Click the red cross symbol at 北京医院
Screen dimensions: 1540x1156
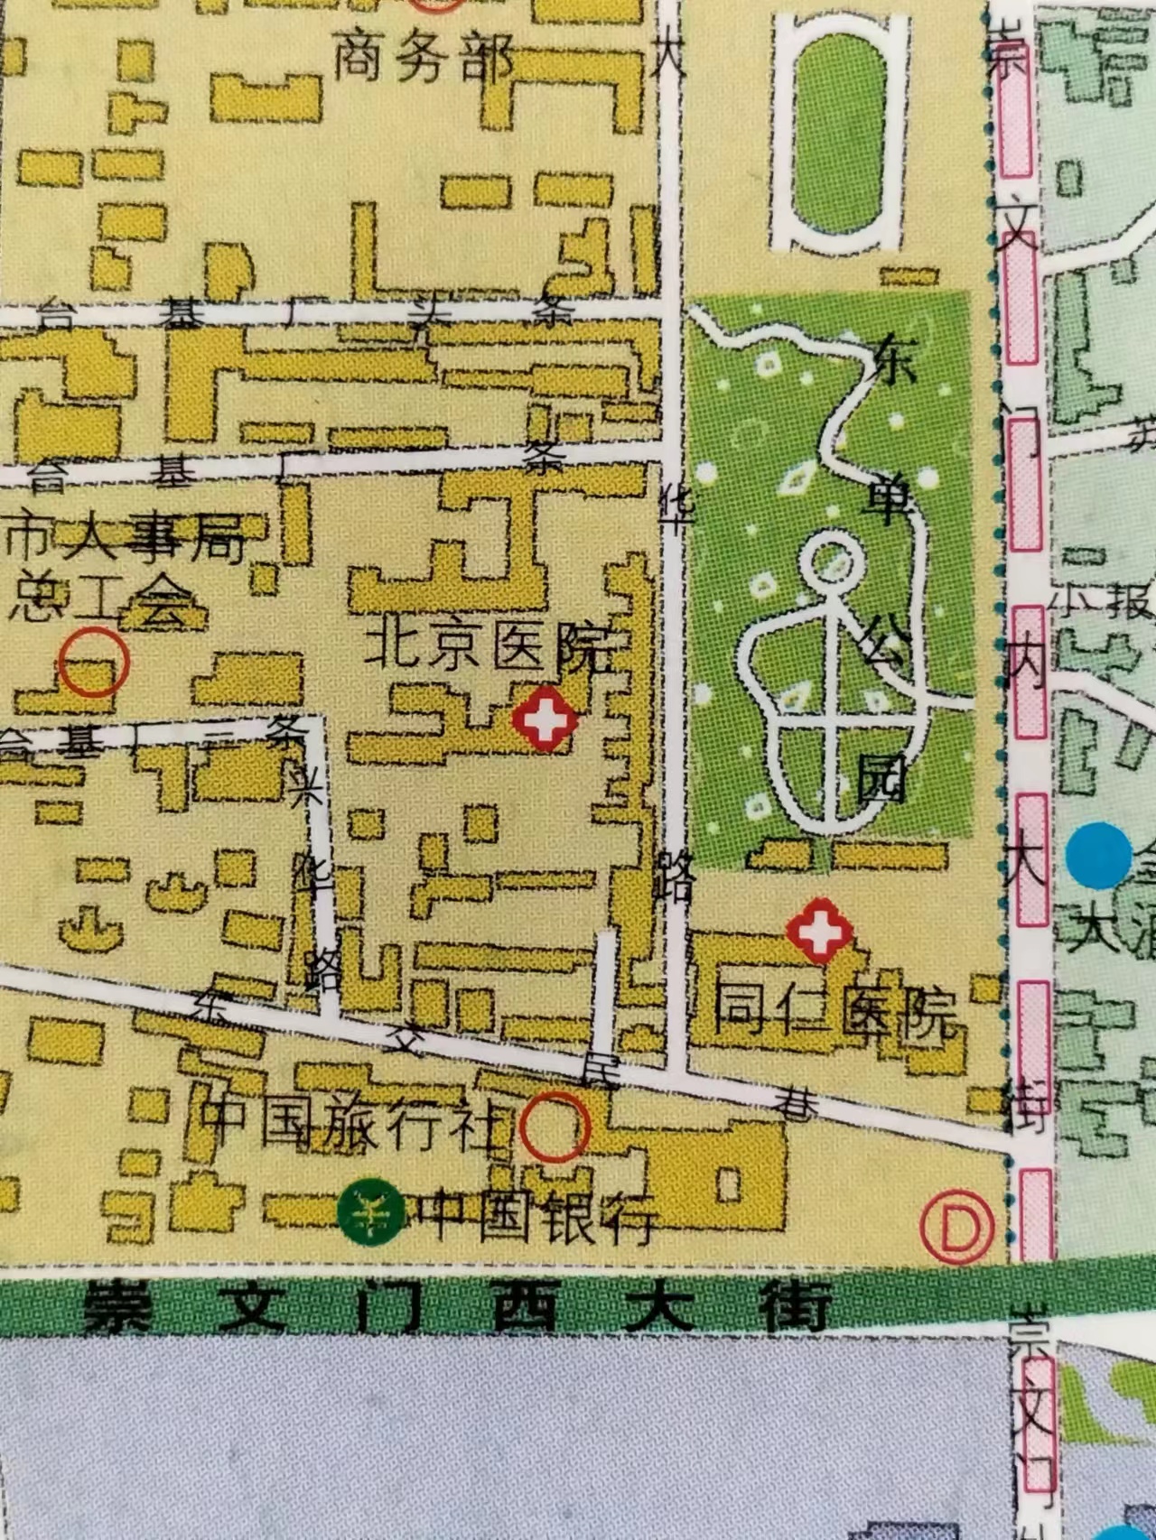544,719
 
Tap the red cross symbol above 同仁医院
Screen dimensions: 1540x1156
819,929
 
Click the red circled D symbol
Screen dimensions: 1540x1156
956,1228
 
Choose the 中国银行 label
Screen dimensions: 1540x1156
533,1215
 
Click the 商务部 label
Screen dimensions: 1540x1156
424,58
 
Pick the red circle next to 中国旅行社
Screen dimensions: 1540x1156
555,1127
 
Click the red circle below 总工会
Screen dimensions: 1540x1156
94,663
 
